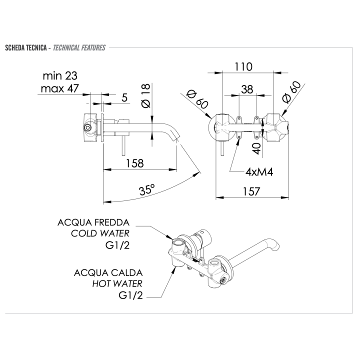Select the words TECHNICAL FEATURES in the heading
[79, 48]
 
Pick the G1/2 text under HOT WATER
[130, 295]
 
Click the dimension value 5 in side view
[123, 98]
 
